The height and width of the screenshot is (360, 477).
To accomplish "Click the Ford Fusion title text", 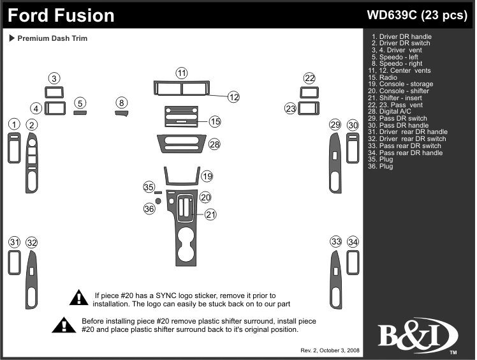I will coord(62,15).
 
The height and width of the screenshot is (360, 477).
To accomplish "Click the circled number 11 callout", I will coord(182,72).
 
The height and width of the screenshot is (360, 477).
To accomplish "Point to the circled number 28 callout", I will coord(214,145).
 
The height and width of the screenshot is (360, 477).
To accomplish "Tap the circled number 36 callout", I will coord(149,208).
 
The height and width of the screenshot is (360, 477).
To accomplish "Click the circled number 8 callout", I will coord(122,102).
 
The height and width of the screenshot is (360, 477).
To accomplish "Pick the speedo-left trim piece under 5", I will coord(80,113).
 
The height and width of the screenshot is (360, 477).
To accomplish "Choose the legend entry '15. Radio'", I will coord(388,77).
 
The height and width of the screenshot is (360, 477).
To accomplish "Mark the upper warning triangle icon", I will coord(78,297).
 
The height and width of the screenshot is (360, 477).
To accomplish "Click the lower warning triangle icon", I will coord(64,325).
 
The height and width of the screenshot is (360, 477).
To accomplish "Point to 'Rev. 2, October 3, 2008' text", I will coord(329,351).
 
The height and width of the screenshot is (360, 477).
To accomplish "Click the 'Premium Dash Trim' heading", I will coord(52,38).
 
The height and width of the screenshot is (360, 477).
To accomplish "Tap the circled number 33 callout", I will coord(336,242).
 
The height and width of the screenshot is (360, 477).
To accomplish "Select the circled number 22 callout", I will coord(309,79).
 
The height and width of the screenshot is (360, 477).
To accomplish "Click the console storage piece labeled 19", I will coord(180,176).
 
